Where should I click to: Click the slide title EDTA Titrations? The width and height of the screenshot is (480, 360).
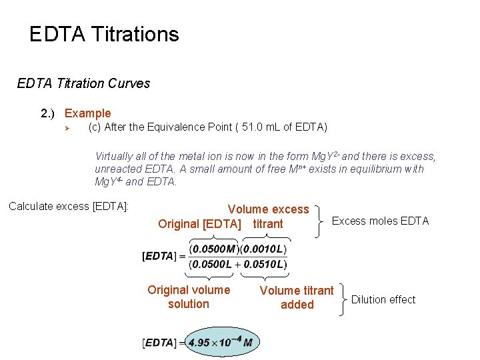tap(104, 34)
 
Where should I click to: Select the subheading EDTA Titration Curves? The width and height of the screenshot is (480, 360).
tap(83, 83)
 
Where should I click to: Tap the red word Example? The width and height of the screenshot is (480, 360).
tap(87, 113)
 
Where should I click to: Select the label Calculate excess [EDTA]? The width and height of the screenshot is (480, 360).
tap(69, 206)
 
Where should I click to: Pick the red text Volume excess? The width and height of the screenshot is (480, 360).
tap(268, 209)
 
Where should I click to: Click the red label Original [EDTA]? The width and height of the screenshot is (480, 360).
tap(199, 224)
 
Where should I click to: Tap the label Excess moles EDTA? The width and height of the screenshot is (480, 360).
tap(380, 221)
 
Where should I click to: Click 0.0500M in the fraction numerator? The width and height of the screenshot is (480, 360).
tap(213, 249)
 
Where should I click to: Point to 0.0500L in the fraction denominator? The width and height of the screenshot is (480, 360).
tap(213, 265)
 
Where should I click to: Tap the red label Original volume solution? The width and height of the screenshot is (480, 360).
tap(189, 297)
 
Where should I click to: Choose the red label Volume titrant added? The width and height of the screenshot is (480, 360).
tap(297, 297)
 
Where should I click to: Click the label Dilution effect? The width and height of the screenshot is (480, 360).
tap(383, 299)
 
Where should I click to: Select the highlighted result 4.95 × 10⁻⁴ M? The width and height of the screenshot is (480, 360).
tap(221, 343)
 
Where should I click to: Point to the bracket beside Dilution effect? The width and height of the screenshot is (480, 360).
tap(342, 299)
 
